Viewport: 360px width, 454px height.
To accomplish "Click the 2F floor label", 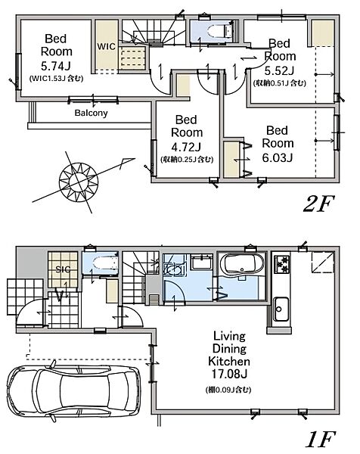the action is [319, 204].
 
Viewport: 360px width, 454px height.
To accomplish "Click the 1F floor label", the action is [321, 439].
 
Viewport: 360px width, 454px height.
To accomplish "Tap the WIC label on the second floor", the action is [106, 46].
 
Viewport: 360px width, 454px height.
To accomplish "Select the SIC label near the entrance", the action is [63, 269].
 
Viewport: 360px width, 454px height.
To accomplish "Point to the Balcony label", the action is [92, 113].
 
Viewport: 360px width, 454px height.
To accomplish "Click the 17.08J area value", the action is [229, 374].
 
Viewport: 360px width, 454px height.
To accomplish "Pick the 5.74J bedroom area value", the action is [56, 66].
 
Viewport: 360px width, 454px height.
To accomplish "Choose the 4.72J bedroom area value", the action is [186, 147].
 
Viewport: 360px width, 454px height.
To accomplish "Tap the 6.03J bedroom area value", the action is [278, 157].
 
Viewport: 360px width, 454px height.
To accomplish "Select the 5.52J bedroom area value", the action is [280, 70].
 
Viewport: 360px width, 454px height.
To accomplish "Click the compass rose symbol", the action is [79, 182].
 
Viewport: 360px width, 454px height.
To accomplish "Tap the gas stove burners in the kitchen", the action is [281, 264].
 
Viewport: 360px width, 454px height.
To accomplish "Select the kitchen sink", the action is [281, 309].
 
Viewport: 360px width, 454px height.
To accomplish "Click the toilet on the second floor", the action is [220, 30].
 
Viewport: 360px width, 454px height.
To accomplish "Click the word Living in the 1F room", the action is [229, 337].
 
